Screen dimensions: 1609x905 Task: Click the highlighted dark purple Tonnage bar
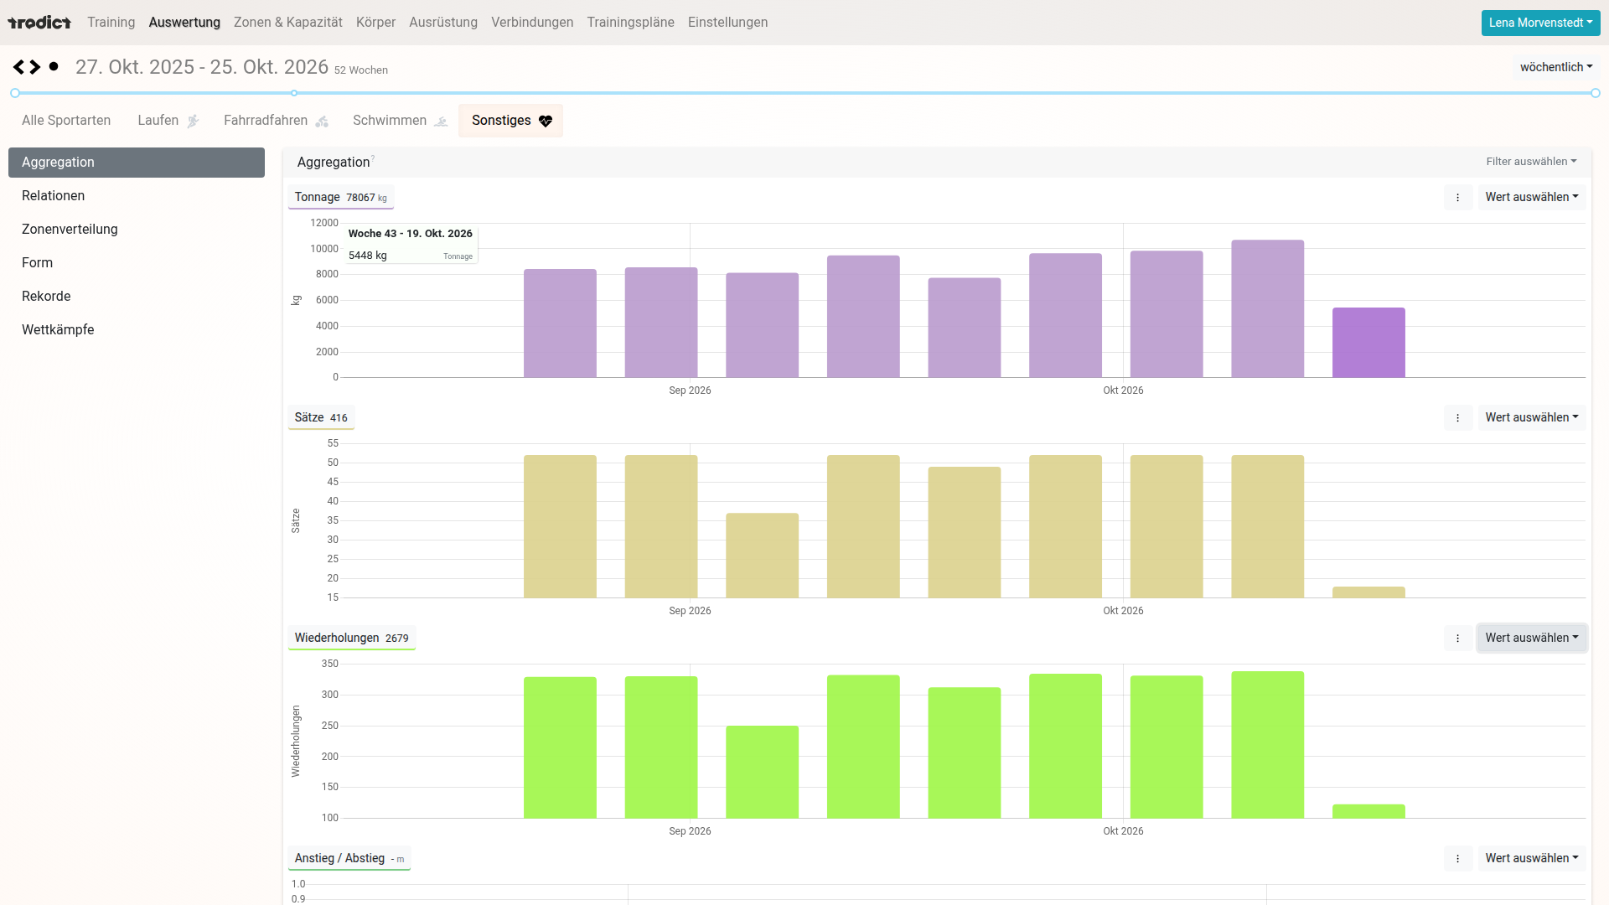[1368, 342]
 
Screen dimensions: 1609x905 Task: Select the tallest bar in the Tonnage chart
[1267, 308]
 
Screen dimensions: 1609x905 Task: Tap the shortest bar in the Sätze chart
[1368, 592]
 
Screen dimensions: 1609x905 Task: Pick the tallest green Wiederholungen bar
[1267, 744]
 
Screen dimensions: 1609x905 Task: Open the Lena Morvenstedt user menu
[1540, 23]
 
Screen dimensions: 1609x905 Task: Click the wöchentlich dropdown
[1556, 67]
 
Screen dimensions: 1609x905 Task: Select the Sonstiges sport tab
[511, 121]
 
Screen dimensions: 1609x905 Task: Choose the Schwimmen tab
[400, 121]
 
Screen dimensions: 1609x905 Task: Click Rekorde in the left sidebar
[46, 296]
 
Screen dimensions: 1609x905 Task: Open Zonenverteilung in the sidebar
[70, 229]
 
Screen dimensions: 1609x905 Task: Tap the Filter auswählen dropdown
[1531, 162]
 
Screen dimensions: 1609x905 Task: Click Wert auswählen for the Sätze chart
[1531, 417]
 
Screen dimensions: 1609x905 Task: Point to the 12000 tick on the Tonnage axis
[324, 223]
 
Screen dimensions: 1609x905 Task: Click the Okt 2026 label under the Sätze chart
[1123, 611]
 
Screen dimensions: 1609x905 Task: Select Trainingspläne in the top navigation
[630, 23]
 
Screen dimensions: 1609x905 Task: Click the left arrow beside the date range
[18, 67]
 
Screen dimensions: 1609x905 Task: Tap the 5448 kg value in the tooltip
[368, 256]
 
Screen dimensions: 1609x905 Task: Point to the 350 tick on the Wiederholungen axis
[330, 664]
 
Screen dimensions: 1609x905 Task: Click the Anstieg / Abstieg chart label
[339, 858]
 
